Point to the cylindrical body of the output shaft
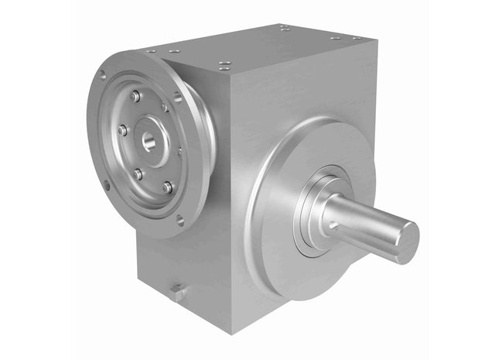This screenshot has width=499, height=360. pyautogui.click(x=364, y=221)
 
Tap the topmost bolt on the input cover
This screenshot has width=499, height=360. pyautogui.click(x=135, y=96)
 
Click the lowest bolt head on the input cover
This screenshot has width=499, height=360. pyautogui.click(x=166, y=187)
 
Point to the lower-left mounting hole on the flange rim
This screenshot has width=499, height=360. pyautogui.click(x=107, y=185)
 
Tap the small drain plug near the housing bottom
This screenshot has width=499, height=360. pyautogui.click(x=176, y=293)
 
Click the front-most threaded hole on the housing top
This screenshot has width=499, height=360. pyautogui.click(x=225, y=66)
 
